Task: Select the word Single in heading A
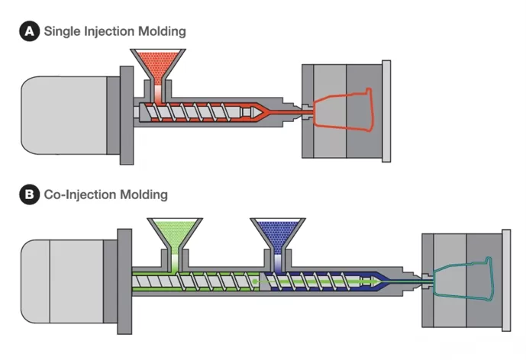pyautogui.click(x=63, y=31)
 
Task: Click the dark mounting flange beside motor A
pyautogui.click(x=124, y=112)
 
